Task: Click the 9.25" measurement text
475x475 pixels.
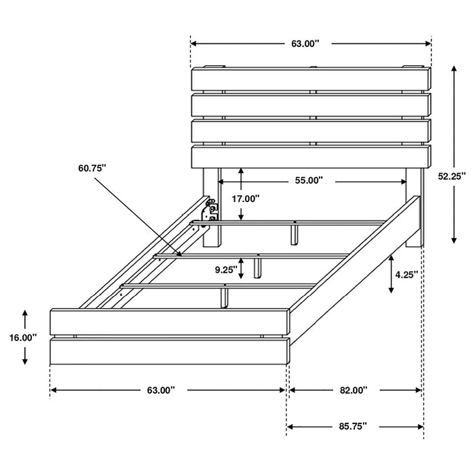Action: [x=225, y=269]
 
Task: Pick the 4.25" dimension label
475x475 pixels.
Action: [x=406, y=275]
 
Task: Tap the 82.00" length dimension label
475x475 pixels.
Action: [x=354, y=390]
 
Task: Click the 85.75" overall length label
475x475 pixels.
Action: [x=353, y=426]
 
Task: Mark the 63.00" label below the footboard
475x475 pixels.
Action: [x=161, y=390]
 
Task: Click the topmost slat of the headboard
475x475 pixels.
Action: [x=311, y=78]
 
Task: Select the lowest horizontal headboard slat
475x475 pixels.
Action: [x=311, y=156]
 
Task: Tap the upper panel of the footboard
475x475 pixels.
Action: [x=170, y=321]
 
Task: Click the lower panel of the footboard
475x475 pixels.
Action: [x=170, y=352]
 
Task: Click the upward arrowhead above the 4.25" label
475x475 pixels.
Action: [x=391, y=259]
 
